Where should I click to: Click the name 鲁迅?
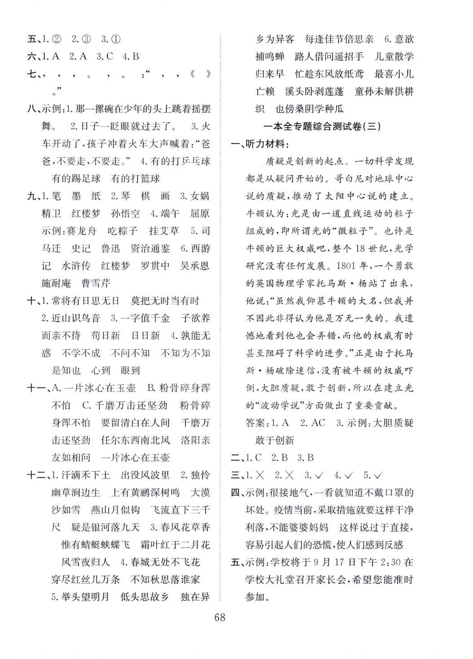click(110, 248)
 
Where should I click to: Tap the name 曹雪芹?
click(96, 283)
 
